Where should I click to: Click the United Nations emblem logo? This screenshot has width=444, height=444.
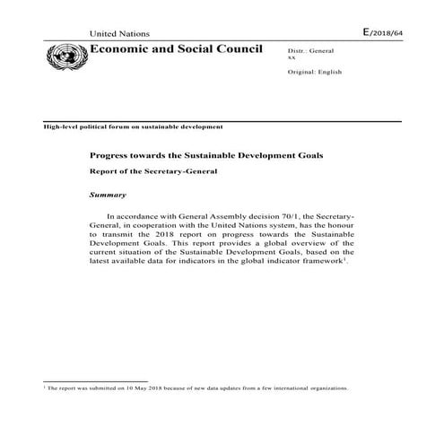[65, 59]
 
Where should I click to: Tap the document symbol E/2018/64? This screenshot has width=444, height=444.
[384, 32]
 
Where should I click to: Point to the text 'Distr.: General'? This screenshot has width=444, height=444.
[310, 54]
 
